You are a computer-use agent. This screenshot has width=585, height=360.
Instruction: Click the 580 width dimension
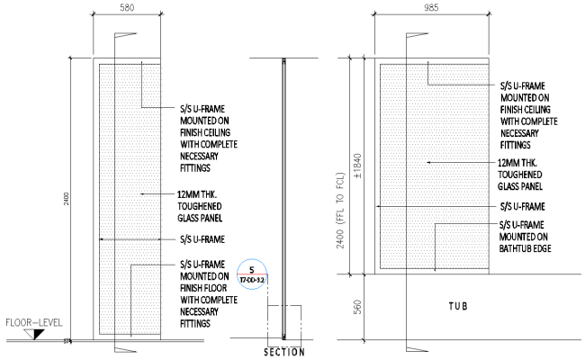tap(127, 7)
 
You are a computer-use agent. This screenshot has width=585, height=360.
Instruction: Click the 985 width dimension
tap(429, 7)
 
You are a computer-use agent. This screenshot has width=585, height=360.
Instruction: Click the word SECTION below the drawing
tap(283, 352)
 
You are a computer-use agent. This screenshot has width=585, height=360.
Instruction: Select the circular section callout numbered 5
tap(253, 274)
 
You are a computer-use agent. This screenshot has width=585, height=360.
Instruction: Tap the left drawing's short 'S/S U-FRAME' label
tap(202, 239)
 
